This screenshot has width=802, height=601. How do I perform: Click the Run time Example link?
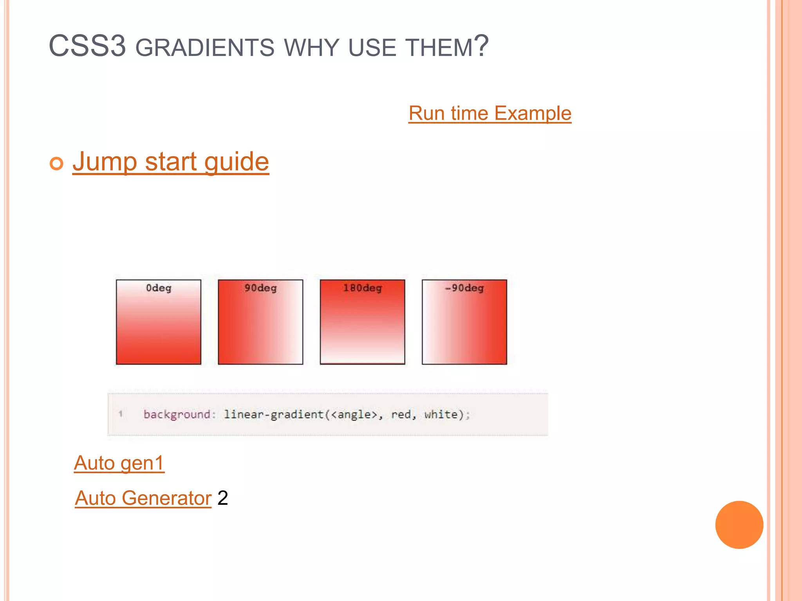(490, 113)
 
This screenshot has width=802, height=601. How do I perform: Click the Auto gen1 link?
(119, 463)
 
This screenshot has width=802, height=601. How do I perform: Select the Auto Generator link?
(143, 498)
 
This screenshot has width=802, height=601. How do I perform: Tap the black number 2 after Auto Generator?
(222, 498)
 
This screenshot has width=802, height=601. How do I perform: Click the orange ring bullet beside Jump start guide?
(56, 163)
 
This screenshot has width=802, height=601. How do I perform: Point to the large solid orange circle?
(739, 525)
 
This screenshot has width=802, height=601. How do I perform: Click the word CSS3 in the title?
(87, 46)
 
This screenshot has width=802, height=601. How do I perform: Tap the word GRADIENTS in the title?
(205, 48)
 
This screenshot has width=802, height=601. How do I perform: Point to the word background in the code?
(177, 414)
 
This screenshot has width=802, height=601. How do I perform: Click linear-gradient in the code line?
(273, 414)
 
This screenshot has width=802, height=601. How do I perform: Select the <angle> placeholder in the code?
(354, 414)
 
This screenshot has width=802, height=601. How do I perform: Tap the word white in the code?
(441, 414)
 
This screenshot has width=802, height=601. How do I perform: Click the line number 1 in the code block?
(121, 414)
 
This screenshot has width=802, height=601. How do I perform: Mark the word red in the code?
(400, 414)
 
